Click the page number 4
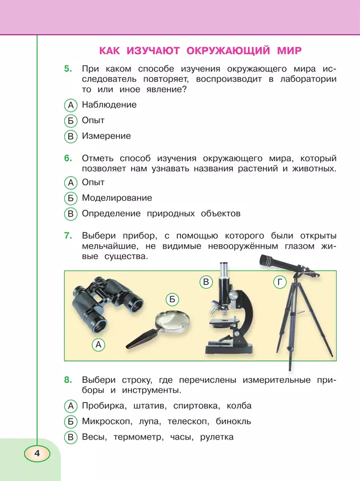37,453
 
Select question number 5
68,69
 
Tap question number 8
68,380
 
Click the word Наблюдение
109,105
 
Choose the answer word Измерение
106,136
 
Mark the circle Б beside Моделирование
70,198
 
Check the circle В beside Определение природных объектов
70,214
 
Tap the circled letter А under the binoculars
98,345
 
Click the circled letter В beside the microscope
205,282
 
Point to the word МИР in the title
288,51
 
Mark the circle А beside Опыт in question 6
70,183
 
